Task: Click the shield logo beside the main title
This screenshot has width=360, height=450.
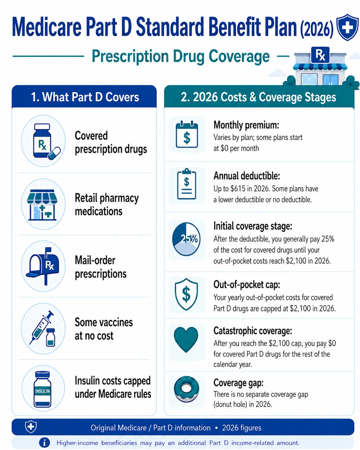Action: point(347,27)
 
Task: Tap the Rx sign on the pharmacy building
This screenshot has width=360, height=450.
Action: point(320,55)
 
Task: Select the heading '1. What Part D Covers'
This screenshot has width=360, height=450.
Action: point(85,97)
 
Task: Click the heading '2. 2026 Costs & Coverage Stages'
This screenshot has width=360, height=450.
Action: point(258,97)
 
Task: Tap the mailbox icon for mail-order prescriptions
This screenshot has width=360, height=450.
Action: point(43,266)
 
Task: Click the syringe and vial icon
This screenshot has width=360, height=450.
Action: point(42,328)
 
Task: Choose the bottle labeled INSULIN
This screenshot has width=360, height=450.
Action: point(43,389)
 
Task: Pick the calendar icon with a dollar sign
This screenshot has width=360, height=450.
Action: point(187,134)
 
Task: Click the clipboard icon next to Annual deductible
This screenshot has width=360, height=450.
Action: point(186,184)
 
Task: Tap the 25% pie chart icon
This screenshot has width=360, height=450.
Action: point(186,239)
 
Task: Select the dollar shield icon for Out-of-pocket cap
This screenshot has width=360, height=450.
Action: point(186,294)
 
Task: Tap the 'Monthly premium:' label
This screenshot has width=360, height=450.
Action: point(246,125)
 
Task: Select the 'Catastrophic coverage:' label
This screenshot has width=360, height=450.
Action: point(253,331)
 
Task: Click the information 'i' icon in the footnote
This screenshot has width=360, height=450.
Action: point(45,443)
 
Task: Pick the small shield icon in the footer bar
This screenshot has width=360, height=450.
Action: point(31,426)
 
